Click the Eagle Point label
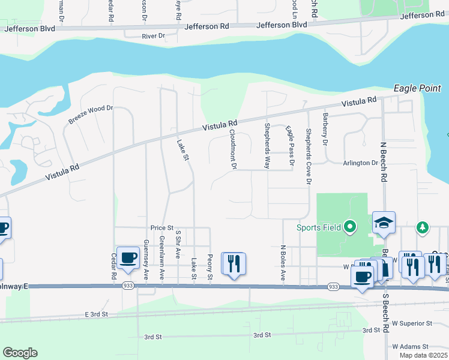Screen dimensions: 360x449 pos(417,88)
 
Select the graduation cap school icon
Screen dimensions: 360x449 pos(384,223)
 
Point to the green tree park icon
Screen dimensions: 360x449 pos(423,227)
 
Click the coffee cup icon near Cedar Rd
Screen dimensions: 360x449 pos(128,258)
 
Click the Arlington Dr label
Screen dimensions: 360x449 pos(360,163)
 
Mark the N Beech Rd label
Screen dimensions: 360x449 pos(382,162)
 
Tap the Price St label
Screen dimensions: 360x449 pos(162,228)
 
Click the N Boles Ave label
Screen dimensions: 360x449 pos(283,263)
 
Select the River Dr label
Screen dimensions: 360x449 pos(153,36)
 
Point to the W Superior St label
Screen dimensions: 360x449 pos(412,323)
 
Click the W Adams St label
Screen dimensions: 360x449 pos(410,346)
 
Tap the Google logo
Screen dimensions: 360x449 pos(20,353)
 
